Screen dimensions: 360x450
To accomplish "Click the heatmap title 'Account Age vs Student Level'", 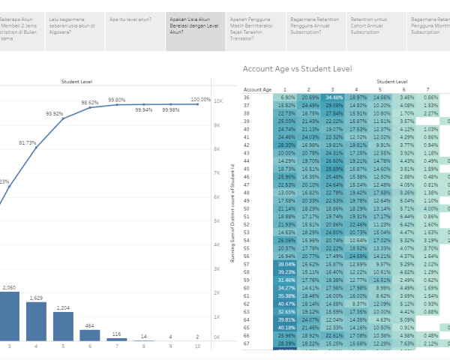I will (297, 69).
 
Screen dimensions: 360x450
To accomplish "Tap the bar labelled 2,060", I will (10, 316).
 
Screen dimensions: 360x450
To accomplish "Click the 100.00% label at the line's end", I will (200, 99).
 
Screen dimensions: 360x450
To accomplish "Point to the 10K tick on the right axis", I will (217, 100).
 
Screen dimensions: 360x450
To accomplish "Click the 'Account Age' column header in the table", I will (257, 89).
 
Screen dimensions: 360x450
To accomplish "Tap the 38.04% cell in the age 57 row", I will (265, 265).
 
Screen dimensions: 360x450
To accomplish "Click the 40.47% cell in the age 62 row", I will (265, 302).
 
